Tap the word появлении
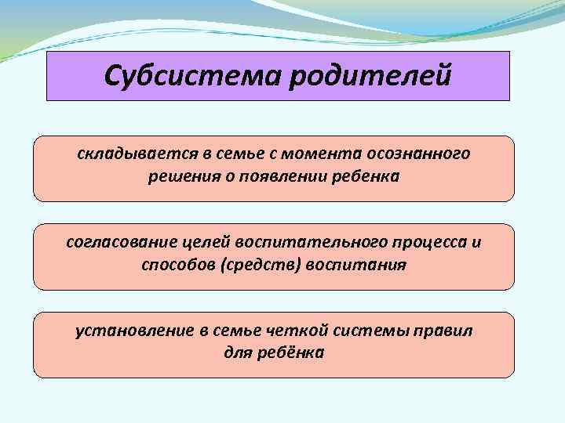tap(279, 177)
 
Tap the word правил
tap(445, 331)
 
